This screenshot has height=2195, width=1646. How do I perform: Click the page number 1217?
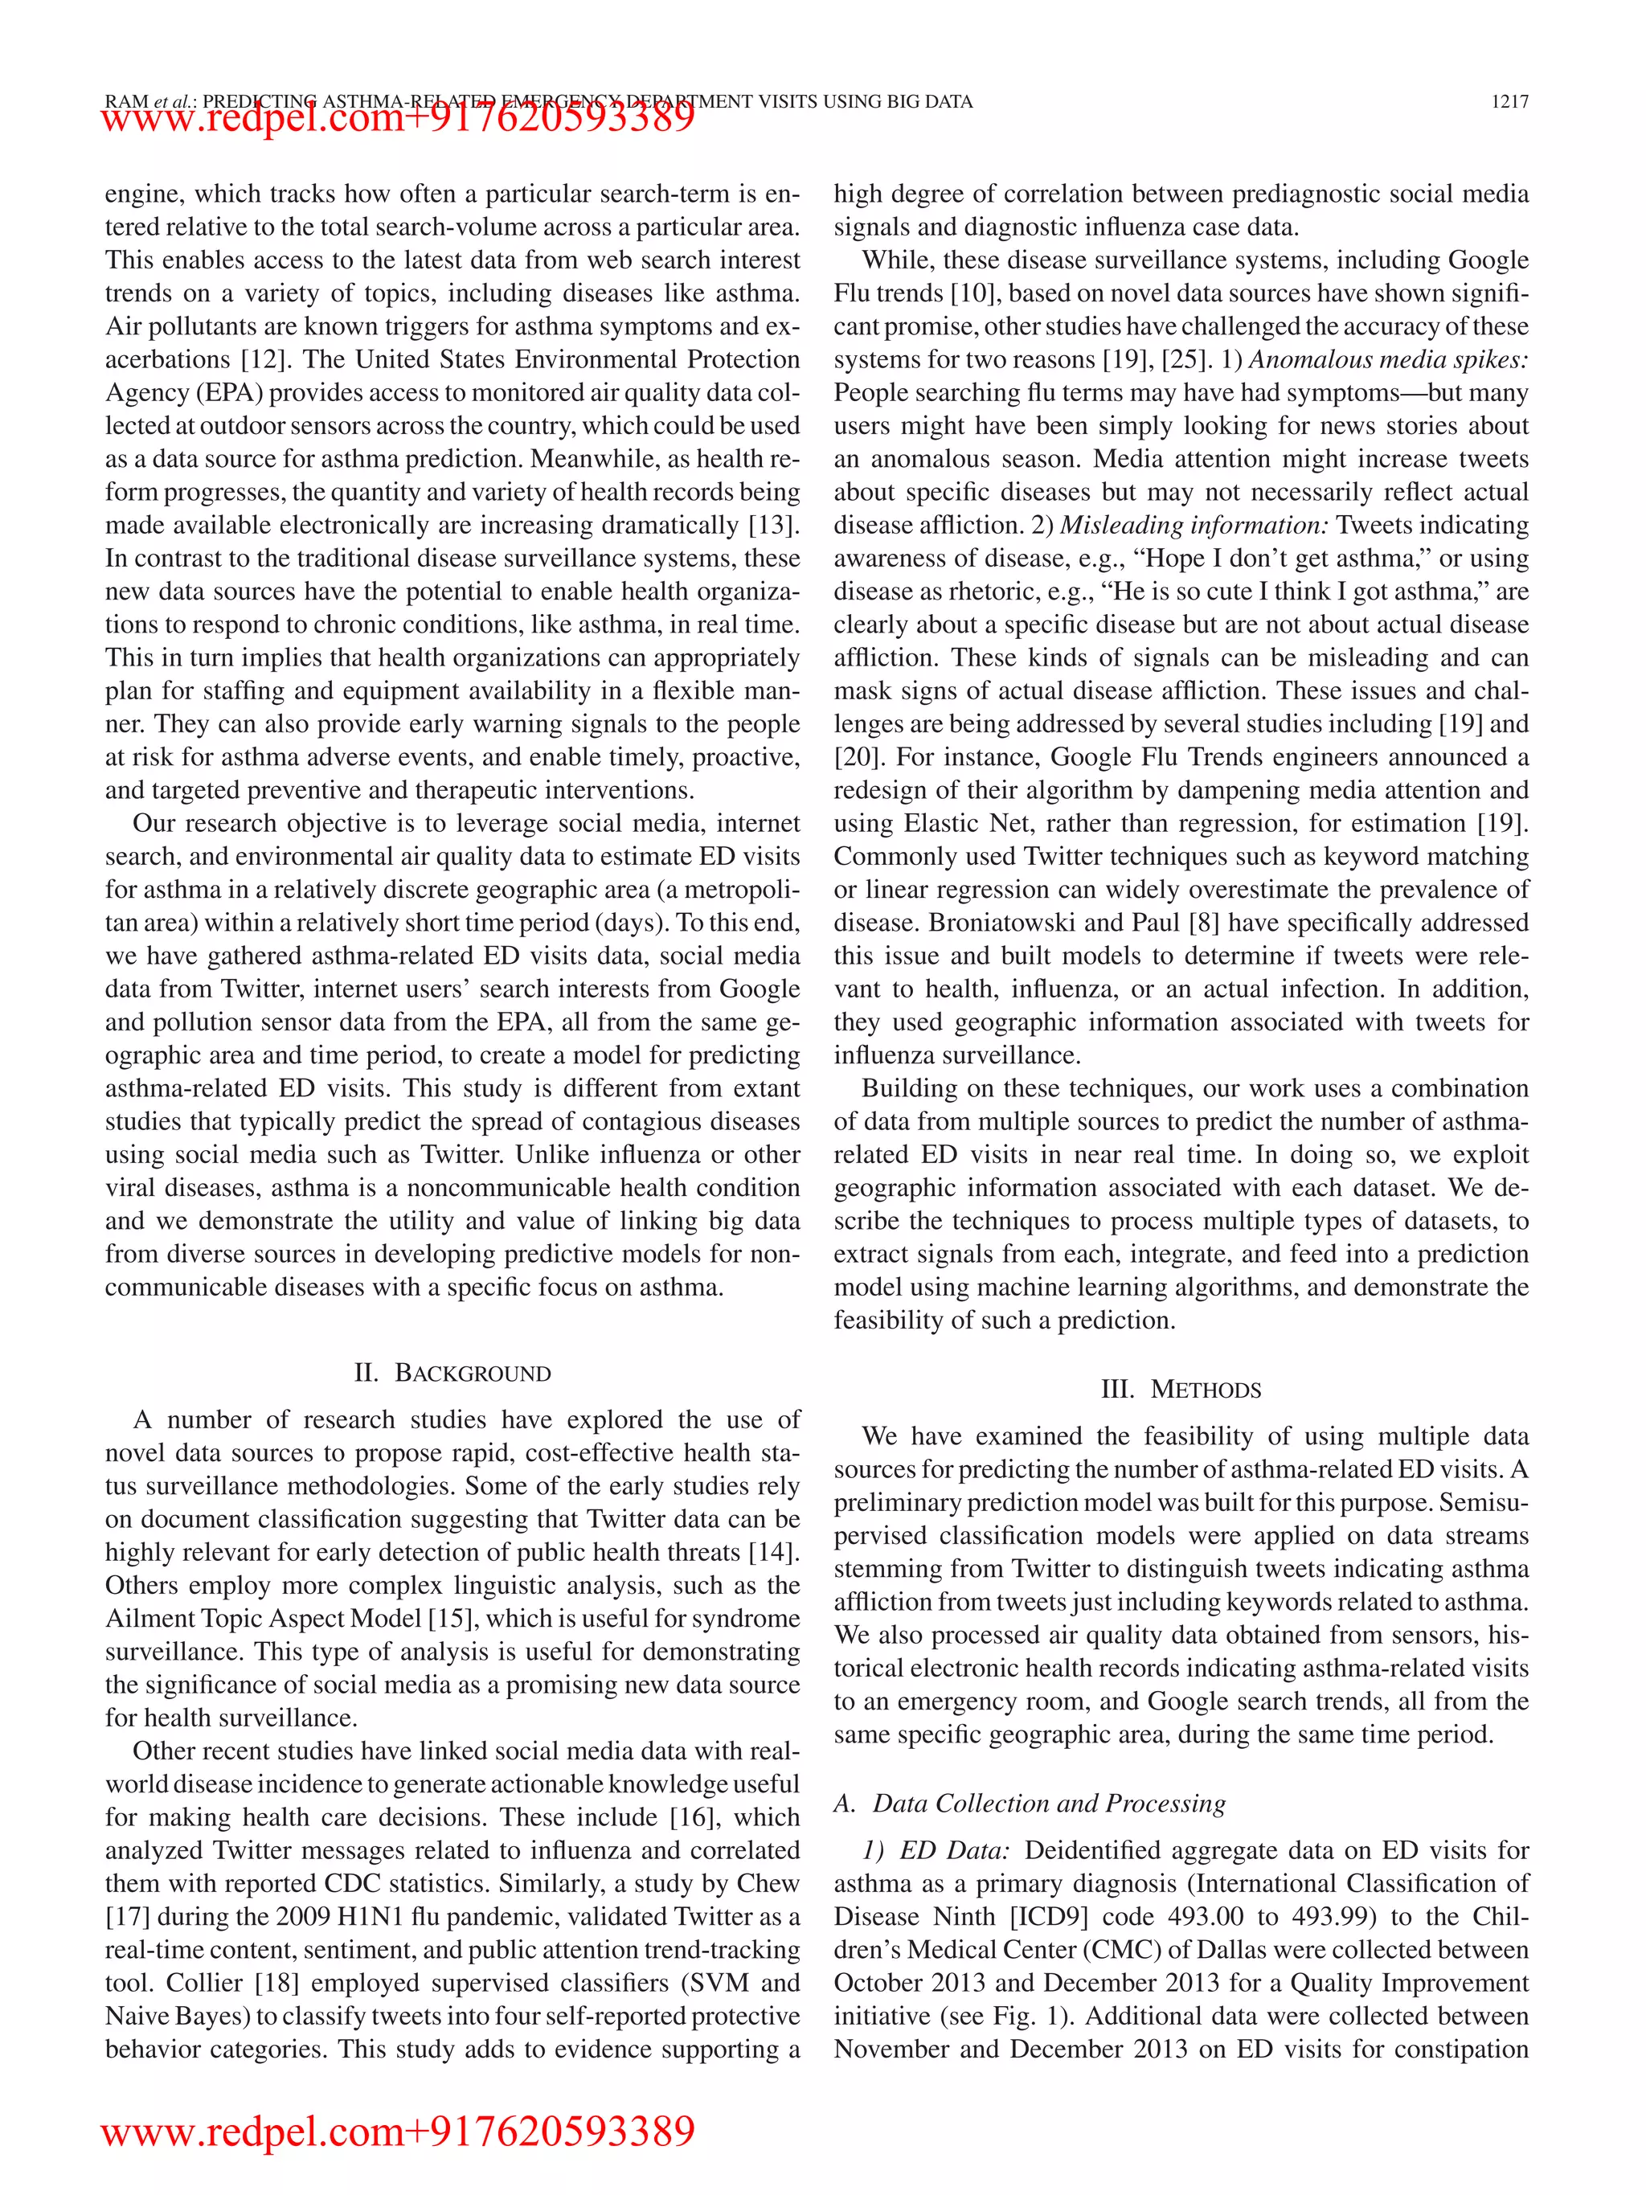[x=1509, y=101]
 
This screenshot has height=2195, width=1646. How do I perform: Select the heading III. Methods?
[x=1181, y=1389]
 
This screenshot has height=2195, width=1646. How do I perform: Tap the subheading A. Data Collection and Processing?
[x=1030, y=1803]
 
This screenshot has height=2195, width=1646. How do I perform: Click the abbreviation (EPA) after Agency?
[x=229, y=393]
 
